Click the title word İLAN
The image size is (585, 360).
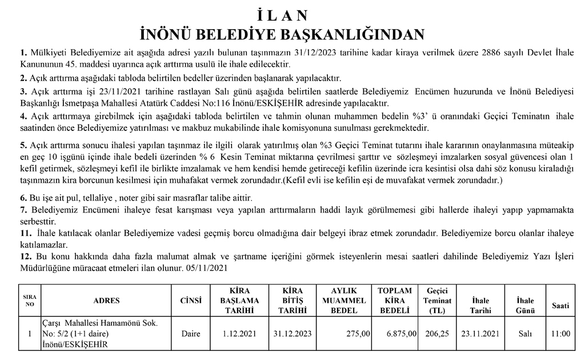pyautogui.click(x=292, y=14)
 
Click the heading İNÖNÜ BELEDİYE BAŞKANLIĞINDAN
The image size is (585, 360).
pyautogui.click(x=292, y=34)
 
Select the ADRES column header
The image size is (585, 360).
pyautogui.click(x=106, y=301)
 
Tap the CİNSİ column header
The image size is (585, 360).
pyautogui.click(x=191, y=301)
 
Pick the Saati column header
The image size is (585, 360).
pyautogui.click(x=560, y=306)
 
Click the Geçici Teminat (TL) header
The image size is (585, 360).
pyautogui.click(x=437, y=301)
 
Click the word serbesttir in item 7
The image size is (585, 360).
pyautogui.click(x=37, y=221)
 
